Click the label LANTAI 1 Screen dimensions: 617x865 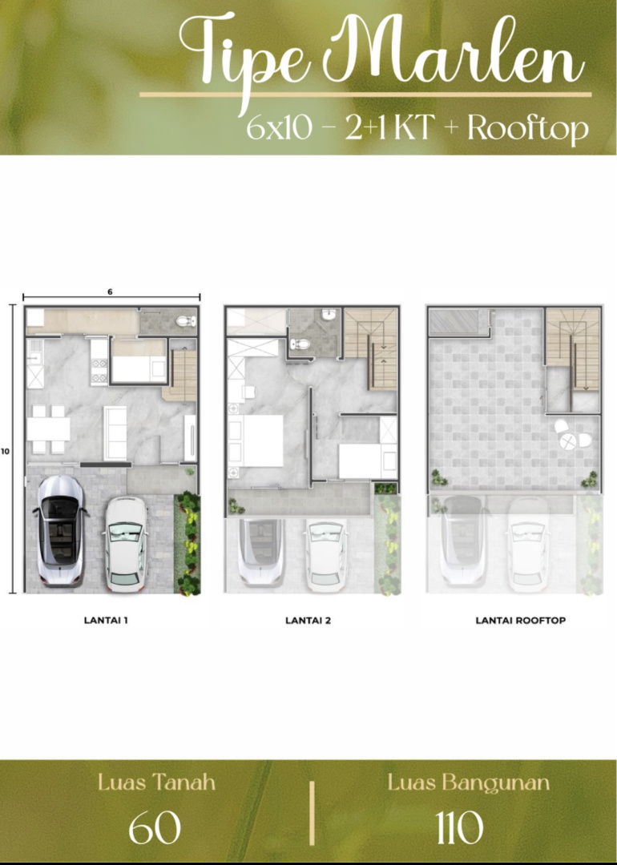(106, 620)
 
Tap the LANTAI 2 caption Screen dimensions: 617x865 (308, 620)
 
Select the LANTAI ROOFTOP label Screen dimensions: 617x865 (520, 620)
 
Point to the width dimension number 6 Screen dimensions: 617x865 (110, 292)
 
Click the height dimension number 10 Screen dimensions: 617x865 (6, 451)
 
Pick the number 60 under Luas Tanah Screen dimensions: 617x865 (155, 828)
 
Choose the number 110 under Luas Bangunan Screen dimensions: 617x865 (459, 828)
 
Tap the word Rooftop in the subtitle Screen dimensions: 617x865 (527, 128)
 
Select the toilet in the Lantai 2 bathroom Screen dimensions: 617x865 (300, 344)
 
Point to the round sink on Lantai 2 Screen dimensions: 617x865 (329, 315)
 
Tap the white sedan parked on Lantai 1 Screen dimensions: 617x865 (125, 544)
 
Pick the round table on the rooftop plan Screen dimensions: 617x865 (568, 441)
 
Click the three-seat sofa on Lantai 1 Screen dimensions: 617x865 (115, 433)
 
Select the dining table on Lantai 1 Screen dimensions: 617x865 (49, 429)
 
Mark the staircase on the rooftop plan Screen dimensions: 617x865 (572, 348)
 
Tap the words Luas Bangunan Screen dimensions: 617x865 (468, 783)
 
